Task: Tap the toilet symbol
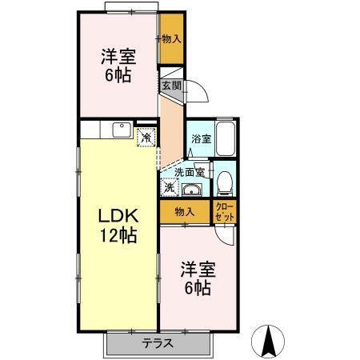click(x=225, y=182)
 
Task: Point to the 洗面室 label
click(x=190, y=171)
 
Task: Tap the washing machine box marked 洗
click(x=170, y=189)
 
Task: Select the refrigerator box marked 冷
click(x=147, y=137)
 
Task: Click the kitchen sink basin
click(x=122, y=129)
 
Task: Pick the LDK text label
click(x=118, y=217)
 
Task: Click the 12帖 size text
click(x=118, y=236)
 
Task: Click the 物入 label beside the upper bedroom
click(x=170, y=38)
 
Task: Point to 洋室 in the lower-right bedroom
click(x=198, y=269)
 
